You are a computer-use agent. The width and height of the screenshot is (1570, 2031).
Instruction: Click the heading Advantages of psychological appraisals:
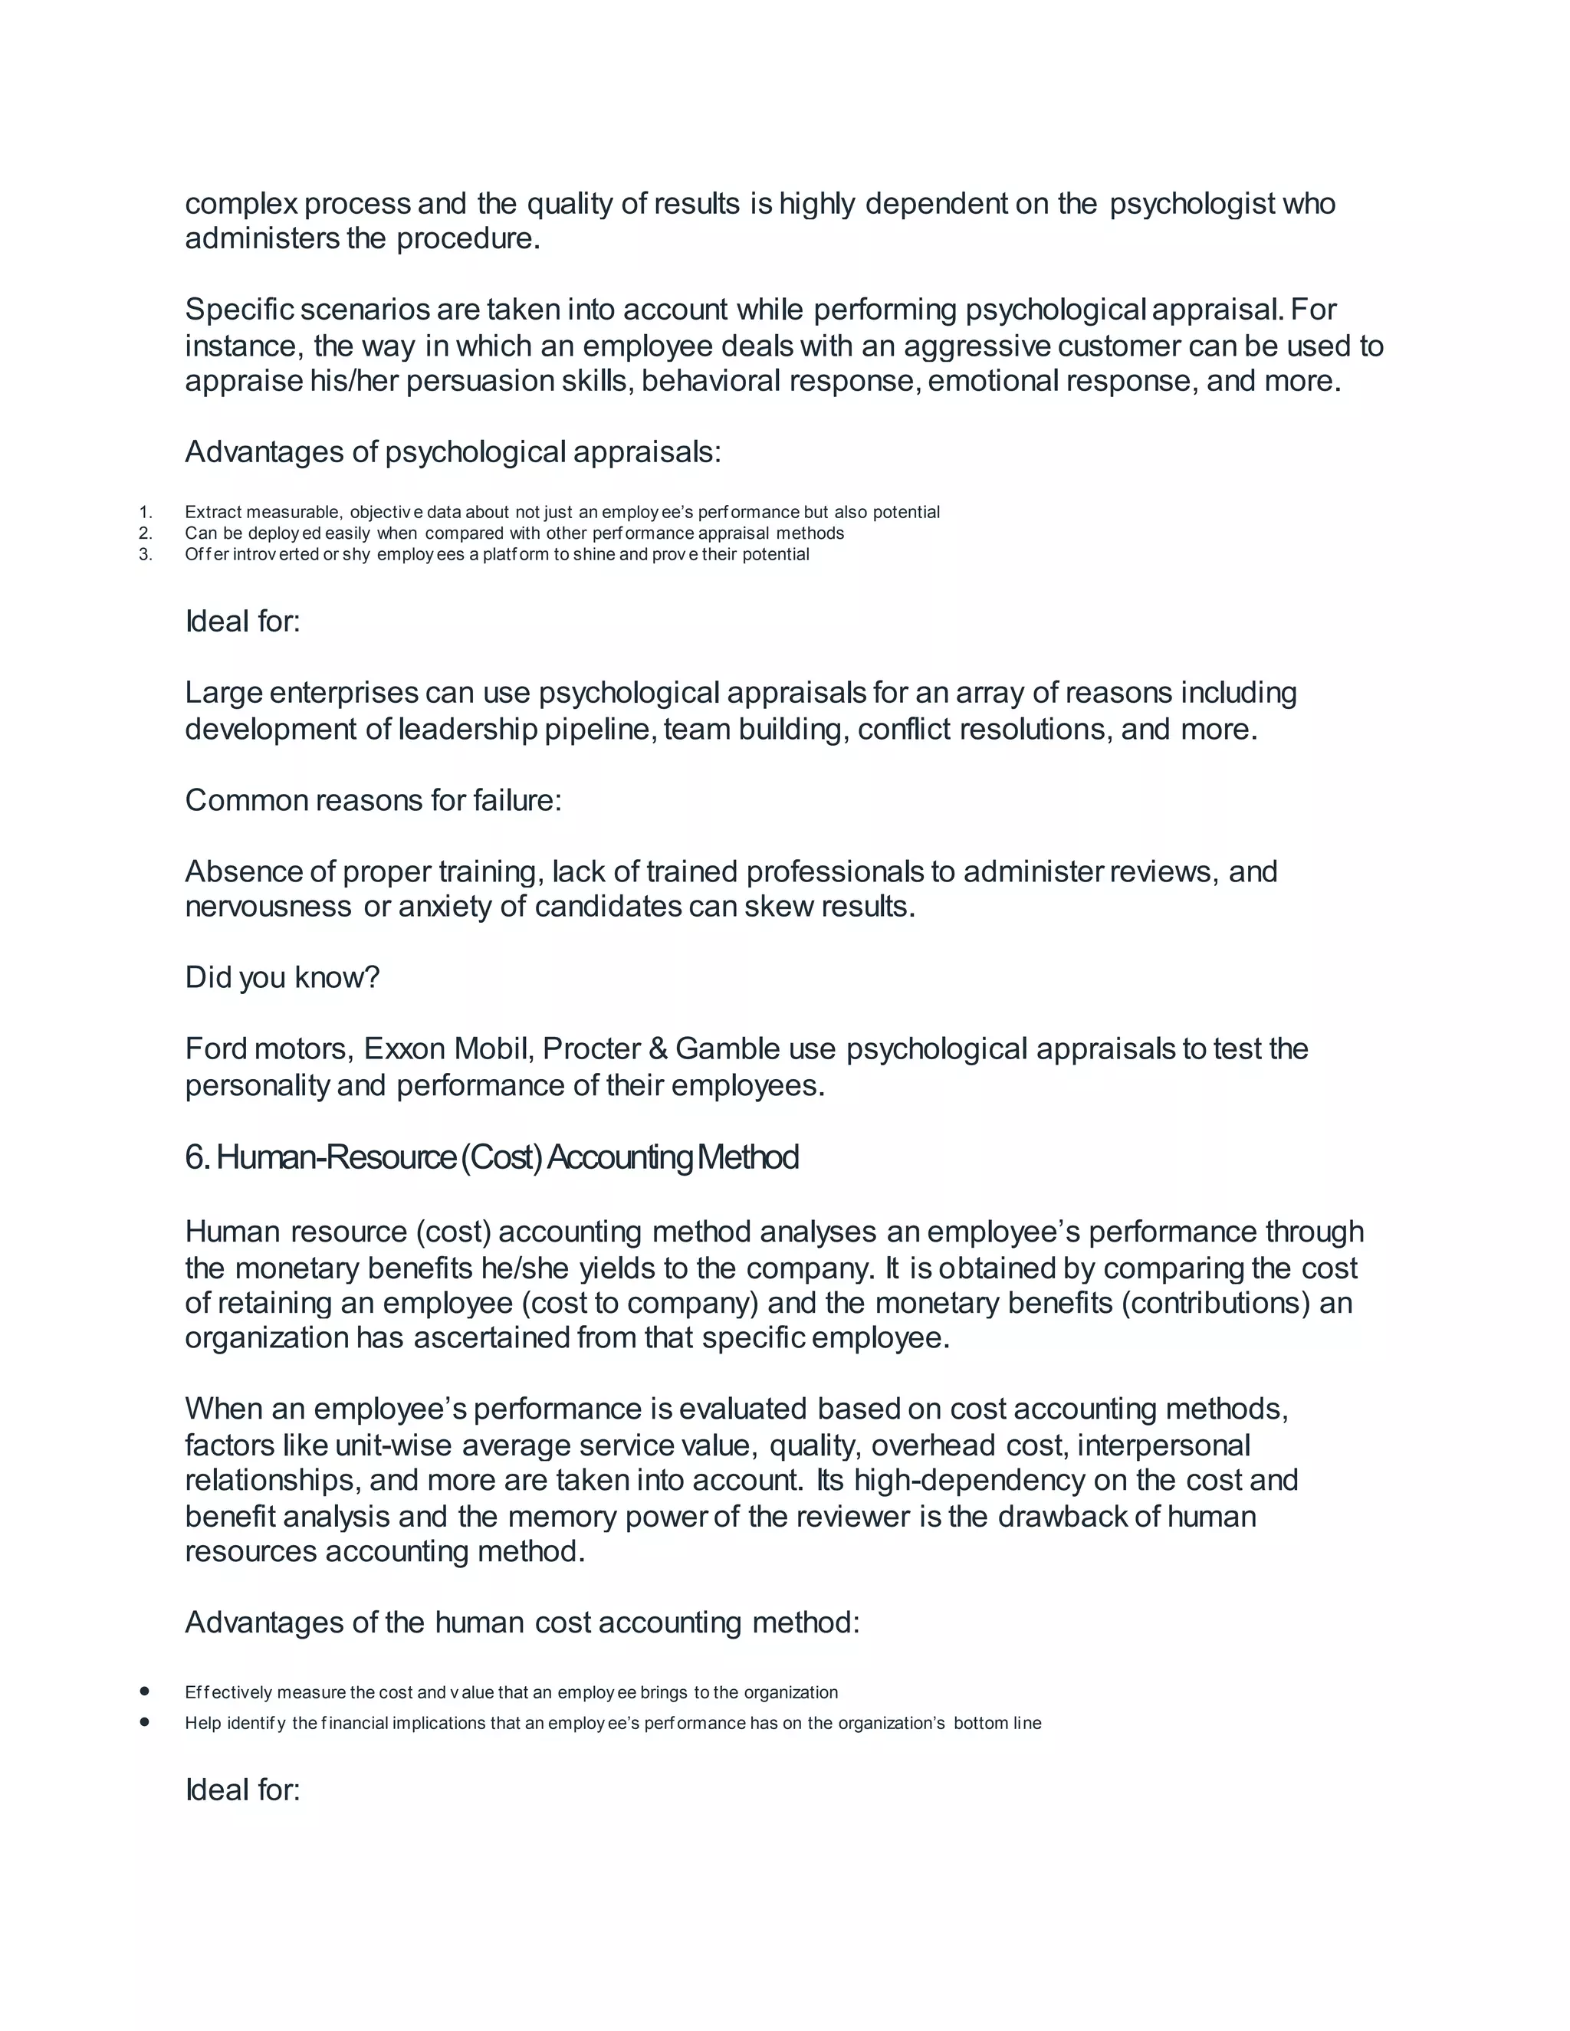click(453, 452)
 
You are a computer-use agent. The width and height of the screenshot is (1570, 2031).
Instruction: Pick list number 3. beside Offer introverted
click(145, 555)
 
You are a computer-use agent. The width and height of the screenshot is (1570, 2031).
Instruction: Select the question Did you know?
click(283, 977)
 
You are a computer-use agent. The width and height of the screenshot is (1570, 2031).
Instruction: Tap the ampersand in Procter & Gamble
click(659, 1049)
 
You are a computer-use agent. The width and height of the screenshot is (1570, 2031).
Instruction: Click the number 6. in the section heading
click(197, 1158)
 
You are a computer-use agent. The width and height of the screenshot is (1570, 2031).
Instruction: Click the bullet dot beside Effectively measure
click(144, 1691)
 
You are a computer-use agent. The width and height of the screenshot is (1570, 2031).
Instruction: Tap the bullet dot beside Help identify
click(144, 1722)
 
